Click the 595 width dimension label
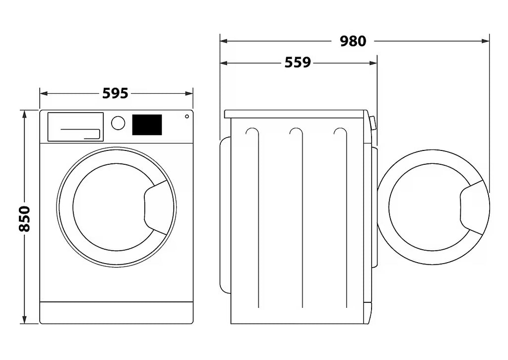coord(115,93)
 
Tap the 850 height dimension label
coord(24,218)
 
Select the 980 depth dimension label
coord(353,41)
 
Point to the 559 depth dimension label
coord(298,62)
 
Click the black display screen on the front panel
coord(147,125)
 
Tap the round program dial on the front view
coord(118,123)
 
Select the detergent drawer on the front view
coord(75,127)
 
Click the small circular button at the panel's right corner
coord(187,116)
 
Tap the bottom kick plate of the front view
coord(116,313)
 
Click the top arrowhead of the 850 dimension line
coord(24,114)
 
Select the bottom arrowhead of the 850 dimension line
coord(24,320)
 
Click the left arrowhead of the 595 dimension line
coord(44,94)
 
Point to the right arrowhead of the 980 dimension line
coord(485,41)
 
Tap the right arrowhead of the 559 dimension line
coord(373,63)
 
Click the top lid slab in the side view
coord(295,114)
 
